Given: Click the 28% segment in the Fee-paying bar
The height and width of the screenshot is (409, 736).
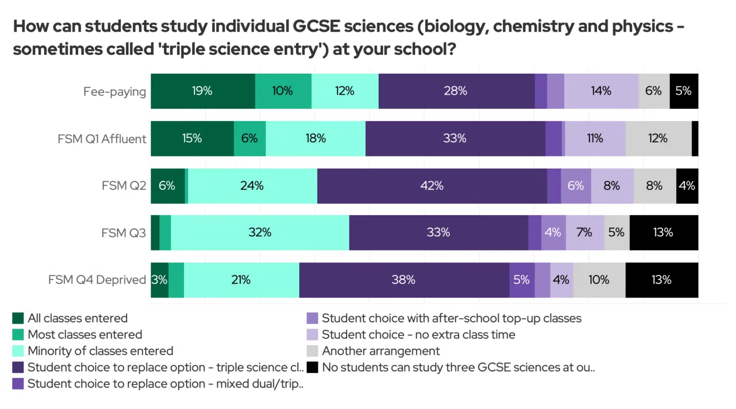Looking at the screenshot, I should point(456,91).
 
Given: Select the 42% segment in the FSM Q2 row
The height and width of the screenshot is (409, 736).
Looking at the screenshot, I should point(432,186).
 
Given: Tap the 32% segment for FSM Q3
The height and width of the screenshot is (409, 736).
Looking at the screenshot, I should point(260,233).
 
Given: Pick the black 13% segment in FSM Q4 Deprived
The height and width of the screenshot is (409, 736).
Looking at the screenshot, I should point(661,280).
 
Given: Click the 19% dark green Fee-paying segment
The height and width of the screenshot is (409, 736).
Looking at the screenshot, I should point(202,91).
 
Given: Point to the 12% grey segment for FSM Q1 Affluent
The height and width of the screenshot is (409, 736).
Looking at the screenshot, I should point(658,139).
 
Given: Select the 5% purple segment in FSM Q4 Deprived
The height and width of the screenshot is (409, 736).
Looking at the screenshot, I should point(521,280).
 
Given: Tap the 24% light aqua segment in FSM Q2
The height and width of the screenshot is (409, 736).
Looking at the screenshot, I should point(252,186).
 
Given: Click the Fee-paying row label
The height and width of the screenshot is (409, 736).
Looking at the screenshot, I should point(114,92).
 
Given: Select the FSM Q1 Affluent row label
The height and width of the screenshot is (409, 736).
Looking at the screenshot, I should point(102,139).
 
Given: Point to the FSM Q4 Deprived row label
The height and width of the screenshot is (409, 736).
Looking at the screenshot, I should point(97,280).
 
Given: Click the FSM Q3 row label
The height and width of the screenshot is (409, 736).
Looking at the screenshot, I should point(124,233).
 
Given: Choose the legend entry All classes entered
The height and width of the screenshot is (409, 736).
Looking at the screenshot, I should point(77,319).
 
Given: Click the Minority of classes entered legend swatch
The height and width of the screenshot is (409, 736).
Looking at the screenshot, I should point(18,351).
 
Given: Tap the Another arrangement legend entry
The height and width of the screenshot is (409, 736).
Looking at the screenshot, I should point(380,351).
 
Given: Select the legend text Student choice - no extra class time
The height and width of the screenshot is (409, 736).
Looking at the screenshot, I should point(418,335).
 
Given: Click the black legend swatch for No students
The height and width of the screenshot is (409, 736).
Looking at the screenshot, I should point(312,368).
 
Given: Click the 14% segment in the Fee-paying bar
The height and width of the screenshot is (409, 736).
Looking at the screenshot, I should point(601,91).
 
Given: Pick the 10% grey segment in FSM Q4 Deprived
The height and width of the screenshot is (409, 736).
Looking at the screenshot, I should point(599,280).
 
